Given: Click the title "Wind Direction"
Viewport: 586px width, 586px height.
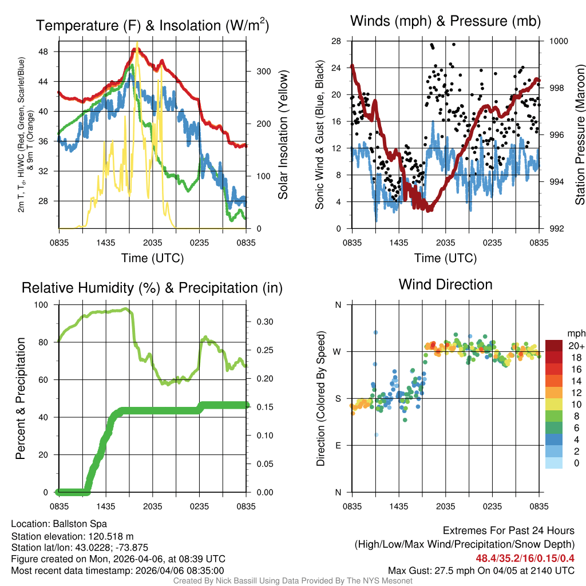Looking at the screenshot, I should coord(445,284).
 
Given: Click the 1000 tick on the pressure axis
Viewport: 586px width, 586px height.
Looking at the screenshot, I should coord(558,41).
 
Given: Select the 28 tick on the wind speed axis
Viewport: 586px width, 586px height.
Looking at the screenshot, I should coord(336,41).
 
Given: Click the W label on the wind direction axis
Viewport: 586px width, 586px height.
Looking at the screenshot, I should coord(338,351).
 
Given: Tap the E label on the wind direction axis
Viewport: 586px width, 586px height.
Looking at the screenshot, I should coord(338,445).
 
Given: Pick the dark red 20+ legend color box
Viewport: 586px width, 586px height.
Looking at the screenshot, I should coord(554,346).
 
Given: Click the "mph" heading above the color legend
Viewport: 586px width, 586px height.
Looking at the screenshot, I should coord(575,332).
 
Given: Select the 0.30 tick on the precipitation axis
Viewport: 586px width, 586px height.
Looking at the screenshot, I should coord(260,322).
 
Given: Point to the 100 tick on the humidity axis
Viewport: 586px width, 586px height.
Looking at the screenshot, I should coord(42,304).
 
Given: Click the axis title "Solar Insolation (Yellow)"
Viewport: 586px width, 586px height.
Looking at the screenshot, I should coord(283,136).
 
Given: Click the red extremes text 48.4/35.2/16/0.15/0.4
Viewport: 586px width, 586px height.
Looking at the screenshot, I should coord(525,557).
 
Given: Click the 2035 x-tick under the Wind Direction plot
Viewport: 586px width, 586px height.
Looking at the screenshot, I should coord(445,506).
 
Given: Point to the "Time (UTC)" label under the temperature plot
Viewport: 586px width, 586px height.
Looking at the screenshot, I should coord(152,258).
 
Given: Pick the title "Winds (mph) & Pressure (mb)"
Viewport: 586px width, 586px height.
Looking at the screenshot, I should coord(445,21).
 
